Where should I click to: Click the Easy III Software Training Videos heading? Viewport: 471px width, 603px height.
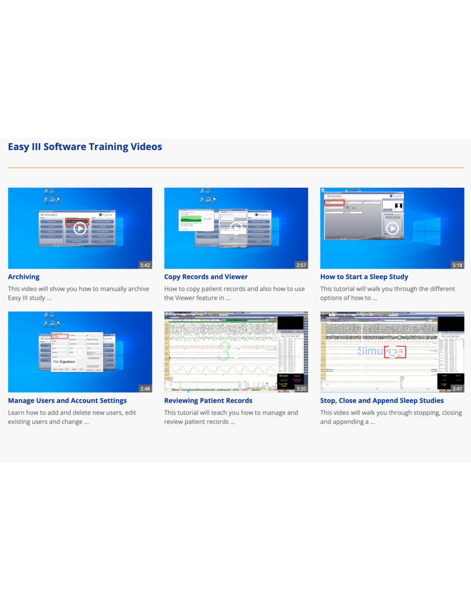pyautogui.click(x=85, y=147)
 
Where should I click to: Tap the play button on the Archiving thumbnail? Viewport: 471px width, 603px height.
pyautogui.click(x=80, y=228)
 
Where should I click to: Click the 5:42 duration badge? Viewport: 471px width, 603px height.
pyautogui.click(x=145, y=265)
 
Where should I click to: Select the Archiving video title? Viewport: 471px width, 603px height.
pyautogui.click(x=24, y=277)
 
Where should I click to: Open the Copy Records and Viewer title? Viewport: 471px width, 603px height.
pyautogui.click(x=205, y=277)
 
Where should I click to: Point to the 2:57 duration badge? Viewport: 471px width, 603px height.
pyautogui.click(x=301, y=265)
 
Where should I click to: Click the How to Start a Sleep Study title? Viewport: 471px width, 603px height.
pyautogui.click(x=364, y=277)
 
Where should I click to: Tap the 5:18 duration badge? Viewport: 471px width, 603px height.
pyautogui.click(x=457, y=265)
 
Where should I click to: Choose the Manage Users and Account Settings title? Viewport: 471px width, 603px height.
pyautogui.click(x=67, y=400)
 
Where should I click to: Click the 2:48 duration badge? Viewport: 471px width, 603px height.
pyautogui.click(x=145, y=389)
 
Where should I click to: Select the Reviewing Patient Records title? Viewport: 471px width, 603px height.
pyautogui.click(x=208, y=400)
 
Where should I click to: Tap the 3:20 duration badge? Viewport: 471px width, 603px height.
pyautogui.click(x=301, y=389)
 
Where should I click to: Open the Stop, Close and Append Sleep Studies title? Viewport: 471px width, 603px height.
pyautogui.click(x=382, y=400)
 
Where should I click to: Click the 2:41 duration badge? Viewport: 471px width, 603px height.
pyautogui.click(x=457, y=389)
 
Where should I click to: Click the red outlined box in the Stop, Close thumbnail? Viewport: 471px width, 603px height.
pyautogui.click(x=395, y=352)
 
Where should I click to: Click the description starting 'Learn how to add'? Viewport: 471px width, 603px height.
pyautogui.click(x=68, y=417)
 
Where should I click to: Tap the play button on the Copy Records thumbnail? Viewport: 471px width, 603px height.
pyautogui.click(x=236, y=228)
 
